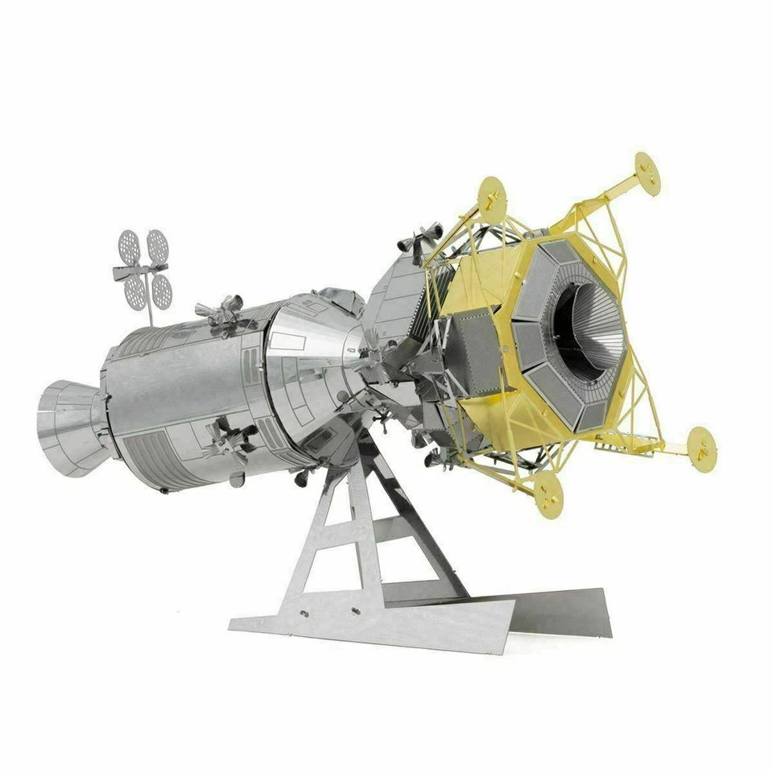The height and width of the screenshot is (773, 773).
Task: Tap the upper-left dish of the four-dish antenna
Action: [130, 243]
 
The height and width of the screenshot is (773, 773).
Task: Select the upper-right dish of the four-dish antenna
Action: [158, 242]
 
